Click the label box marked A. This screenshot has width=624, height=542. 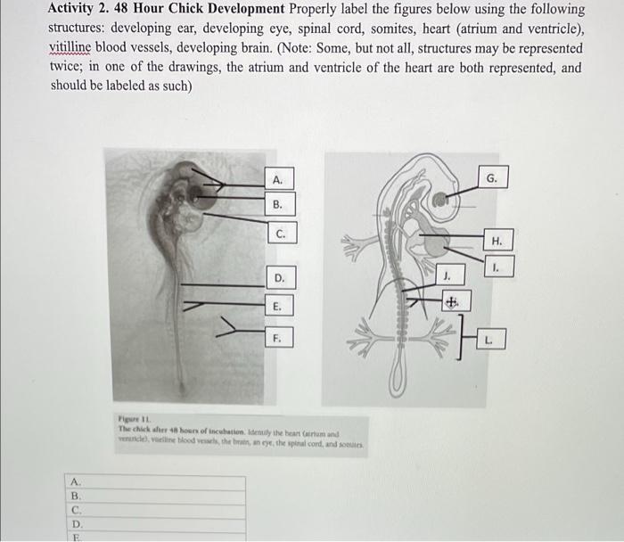(278, 180)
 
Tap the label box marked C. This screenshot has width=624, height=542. (280, 235)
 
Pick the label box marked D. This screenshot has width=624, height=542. (278, 278)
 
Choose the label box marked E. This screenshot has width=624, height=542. (278, 306)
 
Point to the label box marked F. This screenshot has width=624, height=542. (278, 339)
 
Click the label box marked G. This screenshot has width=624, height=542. (492, 179)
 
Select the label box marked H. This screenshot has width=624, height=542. (497, 241)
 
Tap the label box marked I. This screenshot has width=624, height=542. (497, 267)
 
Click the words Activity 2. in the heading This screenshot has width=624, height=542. (82, 9)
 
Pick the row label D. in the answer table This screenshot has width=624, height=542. (77, 525)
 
